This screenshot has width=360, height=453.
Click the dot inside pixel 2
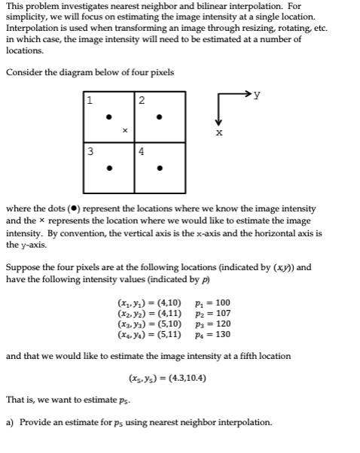click(158, 117)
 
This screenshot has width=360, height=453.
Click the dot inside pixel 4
click(158, 168)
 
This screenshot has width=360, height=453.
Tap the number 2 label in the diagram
click(141, 100)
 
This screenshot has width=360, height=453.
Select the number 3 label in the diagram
click(90, 150)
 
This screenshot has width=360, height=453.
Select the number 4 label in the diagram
click(141, 150)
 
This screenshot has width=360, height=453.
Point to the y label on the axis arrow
click(258, 96)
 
